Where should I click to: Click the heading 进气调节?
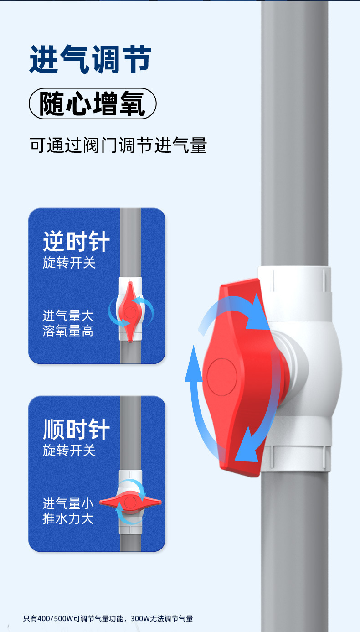90,59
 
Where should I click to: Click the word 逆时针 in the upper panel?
76,241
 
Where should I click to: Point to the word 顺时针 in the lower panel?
76,430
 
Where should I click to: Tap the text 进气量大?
68,316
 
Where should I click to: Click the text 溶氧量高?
68,331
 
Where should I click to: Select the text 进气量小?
68,503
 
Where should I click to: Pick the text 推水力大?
68,518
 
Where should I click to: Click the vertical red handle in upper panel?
130,311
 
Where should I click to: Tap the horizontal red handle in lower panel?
130,502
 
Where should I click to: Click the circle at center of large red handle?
222,377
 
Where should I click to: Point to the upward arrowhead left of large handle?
193,360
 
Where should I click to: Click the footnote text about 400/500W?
108,619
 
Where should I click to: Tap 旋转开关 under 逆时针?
69,263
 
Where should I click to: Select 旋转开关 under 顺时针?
69,451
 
